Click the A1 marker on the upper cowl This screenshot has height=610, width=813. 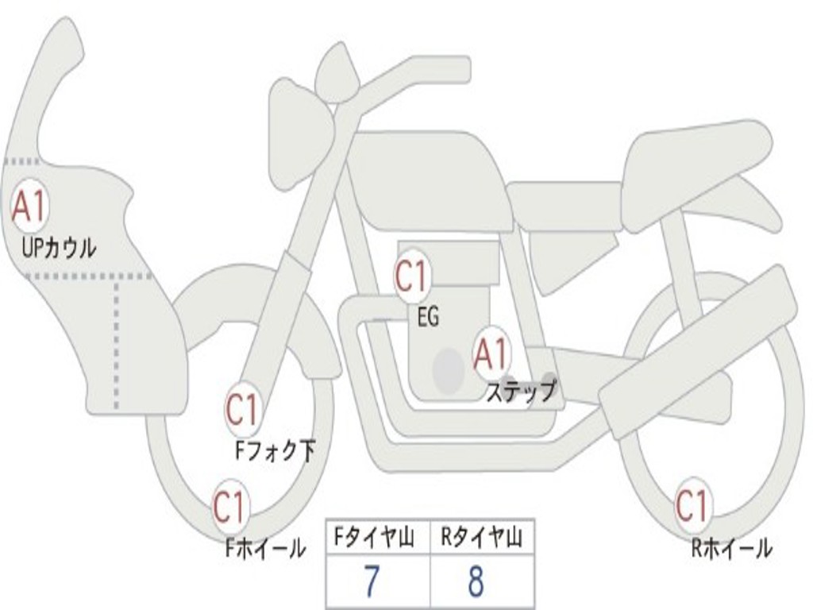pos(29,206)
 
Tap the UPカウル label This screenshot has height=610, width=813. pos(59,248)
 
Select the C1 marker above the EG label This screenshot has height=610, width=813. pos(412,276)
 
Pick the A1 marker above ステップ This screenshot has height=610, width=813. pos(491,353)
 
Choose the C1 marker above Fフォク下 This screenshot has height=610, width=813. pos(242,409)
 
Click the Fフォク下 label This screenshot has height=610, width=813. pos(275,450)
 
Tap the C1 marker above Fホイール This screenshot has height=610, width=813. pos(229,507)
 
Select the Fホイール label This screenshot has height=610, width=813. pos(265,548)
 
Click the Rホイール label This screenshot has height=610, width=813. pos(731,548)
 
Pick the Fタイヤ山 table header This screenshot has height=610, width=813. pos(374,538)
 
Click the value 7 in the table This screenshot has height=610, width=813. pos(372,581)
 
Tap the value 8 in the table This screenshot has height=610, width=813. pos(476,581)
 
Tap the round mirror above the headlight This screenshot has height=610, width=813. pos(337,72)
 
